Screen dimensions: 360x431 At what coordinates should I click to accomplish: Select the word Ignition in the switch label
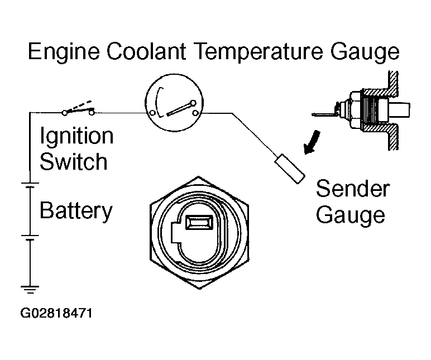point(76,137)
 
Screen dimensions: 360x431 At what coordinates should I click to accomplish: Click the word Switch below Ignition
point(73,162)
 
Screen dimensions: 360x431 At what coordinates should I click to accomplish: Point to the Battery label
point(76,211)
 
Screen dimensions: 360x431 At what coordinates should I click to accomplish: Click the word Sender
point(353,189)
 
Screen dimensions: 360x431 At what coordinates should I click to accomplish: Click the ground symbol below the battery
point(28,289)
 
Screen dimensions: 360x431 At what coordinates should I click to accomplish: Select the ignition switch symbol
point(79,110)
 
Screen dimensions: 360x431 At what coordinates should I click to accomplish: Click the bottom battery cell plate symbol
point(28,237)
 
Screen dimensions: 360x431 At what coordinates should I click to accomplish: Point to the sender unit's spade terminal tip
point(317,116)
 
